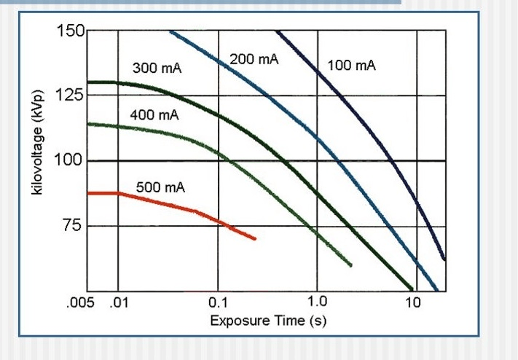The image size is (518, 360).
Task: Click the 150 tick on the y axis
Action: [71, 31]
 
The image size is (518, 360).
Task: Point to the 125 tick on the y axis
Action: [71, 95]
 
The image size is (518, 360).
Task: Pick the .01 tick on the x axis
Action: [117, 302]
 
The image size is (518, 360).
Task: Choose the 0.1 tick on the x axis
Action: [218, 302]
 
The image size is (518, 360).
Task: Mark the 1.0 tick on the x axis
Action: [318, 302]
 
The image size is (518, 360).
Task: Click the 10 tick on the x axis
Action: [413, 302]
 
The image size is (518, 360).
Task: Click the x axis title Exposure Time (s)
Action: [264, 321]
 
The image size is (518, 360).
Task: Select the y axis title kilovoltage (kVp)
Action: [40, 141]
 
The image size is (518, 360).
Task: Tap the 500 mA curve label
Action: [160, 187]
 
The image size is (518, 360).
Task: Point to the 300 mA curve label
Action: [157, 69]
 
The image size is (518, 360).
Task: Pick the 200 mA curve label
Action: [254, 59]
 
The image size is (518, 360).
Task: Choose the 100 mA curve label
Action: [352, 66]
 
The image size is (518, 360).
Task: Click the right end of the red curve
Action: [255, 238]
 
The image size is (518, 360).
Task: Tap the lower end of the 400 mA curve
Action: [351, 265]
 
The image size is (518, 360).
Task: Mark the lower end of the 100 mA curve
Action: [444, 259]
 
